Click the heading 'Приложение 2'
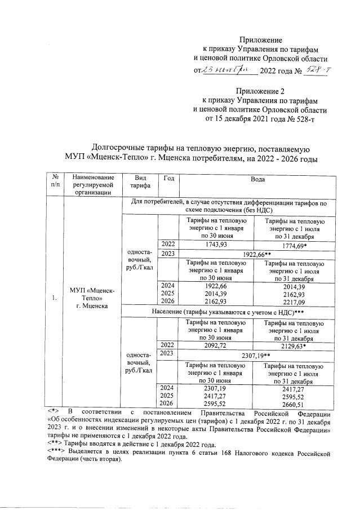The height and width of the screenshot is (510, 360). tap(260, 90)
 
